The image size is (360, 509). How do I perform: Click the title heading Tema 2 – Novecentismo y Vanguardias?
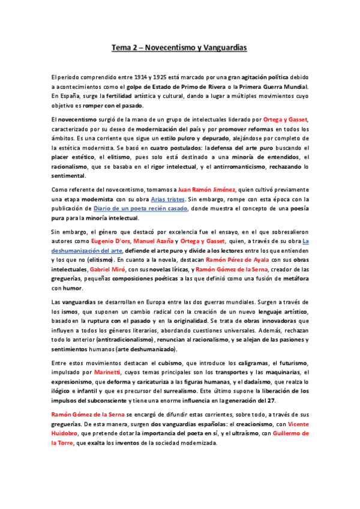180,47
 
